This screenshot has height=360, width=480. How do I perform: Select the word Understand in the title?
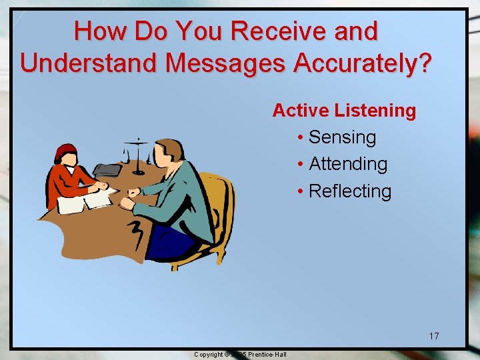click(88, 63)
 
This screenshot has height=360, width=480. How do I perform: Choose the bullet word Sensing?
click(343, 137)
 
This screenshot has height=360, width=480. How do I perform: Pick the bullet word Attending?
click(348, 164)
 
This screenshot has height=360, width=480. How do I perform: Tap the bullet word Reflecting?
click(350, 191)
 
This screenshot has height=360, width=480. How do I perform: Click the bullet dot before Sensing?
click(301, 138)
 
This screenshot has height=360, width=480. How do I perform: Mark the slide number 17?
click(434, 336)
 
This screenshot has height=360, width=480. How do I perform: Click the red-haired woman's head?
click(66, 154)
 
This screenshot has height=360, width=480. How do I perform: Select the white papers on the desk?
click(83, 201)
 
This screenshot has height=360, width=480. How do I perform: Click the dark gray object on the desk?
click(107, 170)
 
